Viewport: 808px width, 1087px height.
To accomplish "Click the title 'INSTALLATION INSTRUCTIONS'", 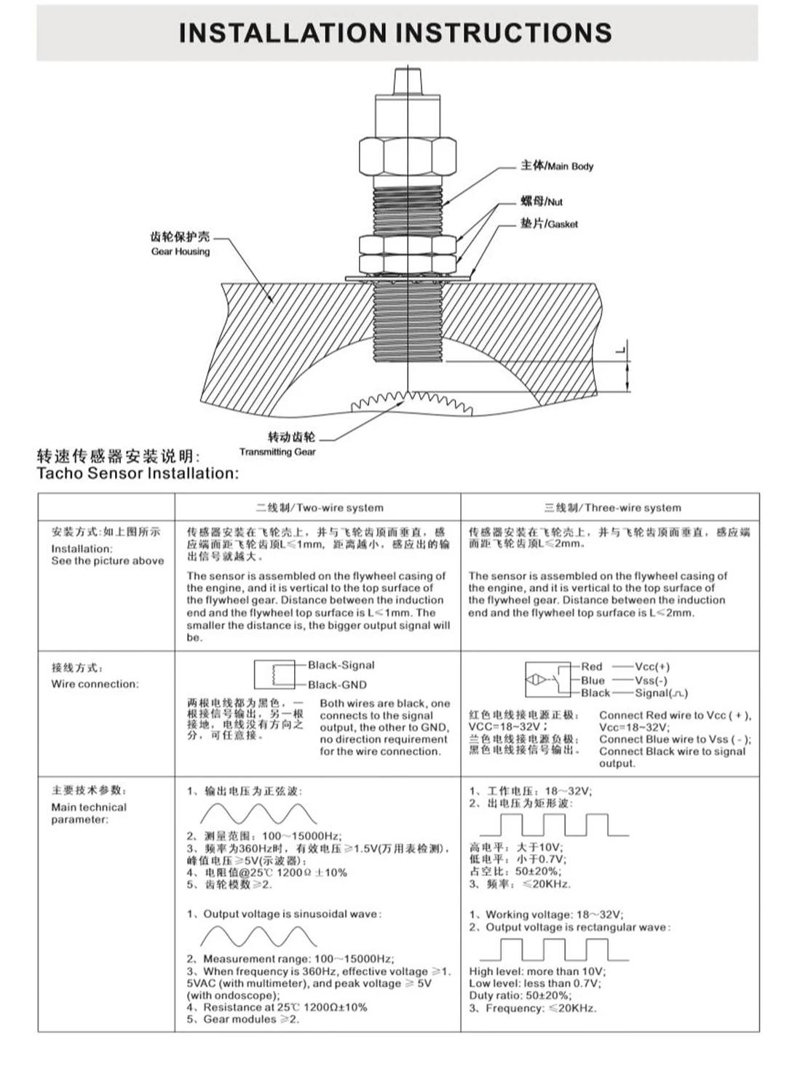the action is (x=395, y=33).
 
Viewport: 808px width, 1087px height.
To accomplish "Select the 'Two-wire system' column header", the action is (x=320, y=508).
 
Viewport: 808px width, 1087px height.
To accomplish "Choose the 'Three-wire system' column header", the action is (x=612, y=508).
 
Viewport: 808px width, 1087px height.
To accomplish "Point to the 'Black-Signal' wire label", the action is (x=341, y=665).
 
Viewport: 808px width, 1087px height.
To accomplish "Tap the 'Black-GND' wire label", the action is (x=337, y=685).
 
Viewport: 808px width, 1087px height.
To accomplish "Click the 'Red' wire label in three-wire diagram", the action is (x=591, y=666).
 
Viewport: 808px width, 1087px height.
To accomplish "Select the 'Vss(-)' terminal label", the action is (x=651, y=680).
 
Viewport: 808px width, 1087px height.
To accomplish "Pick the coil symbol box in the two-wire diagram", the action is (x=274, y=674).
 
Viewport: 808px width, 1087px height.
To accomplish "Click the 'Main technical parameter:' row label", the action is (x=88, y=813).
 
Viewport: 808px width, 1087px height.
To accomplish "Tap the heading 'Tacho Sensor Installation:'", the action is (x=138, y=474).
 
